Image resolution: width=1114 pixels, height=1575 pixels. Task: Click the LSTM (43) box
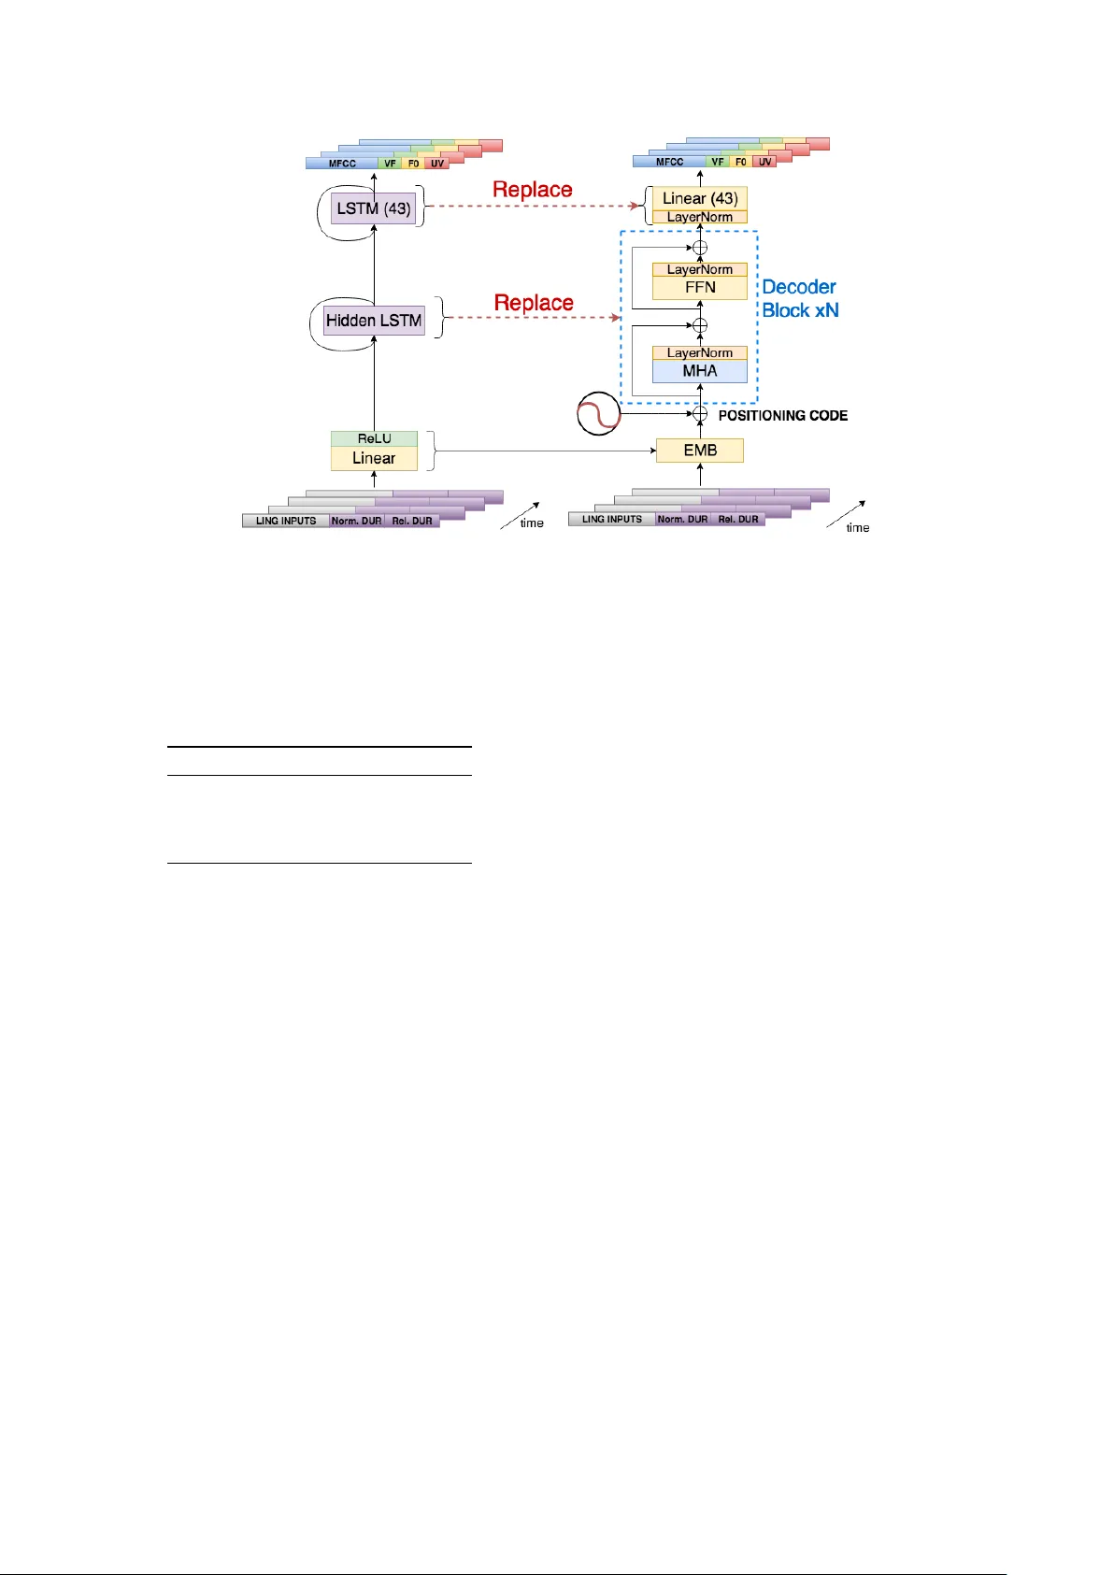pos(374,208)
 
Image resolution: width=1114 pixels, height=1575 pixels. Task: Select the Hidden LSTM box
pos(374,321)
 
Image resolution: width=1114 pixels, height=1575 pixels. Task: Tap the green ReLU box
pos(374,438)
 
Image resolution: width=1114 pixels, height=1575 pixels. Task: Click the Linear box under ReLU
pos(374,458)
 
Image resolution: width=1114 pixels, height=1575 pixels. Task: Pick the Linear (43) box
pos(700,198)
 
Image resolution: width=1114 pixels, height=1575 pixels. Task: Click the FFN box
pos(700,288)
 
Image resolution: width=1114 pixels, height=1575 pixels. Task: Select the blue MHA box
pos(700,371)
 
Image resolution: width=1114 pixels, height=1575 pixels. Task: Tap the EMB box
pos(700,451)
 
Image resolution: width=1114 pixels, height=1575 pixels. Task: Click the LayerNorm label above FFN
pos(700,269)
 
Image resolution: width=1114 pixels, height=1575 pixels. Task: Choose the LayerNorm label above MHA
pos(700,352)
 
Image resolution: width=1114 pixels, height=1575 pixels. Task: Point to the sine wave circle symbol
pos(598,414)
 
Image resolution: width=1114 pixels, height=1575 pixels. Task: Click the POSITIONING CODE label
pos(783,415)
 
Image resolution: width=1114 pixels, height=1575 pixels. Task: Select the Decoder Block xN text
pos(800,298)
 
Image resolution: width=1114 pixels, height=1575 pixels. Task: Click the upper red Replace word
pos(533,190)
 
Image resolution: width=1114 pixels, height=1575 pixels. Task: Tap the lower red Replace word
pos(534,303)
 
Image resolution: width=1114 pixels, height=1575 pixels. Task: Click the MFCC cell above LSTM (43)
pos(342,164)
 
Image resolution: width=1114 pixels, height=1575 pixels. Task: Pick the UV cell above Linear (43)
pos(765,162)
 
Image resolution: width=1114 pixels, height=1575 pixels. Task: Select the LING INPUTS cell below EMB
pos(612,519)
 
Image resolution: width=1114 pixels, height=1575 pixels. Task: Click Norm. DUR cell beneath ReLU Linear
pos(356,521)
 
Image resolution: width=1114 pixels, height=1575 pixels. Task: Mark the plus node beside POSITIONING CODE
pos(700,413)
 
